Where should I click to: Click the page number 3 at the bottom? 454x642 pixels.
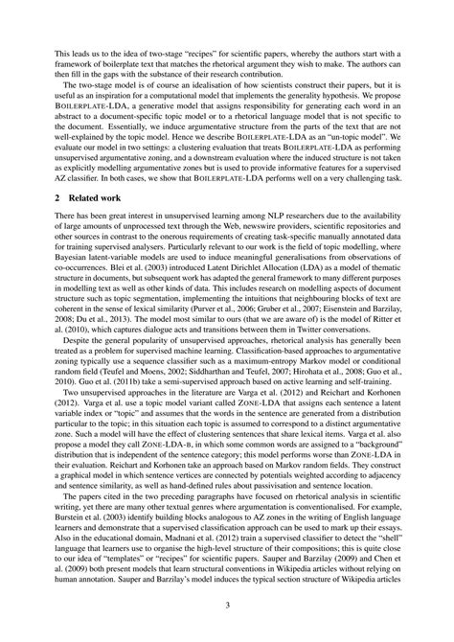(227, 605)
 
